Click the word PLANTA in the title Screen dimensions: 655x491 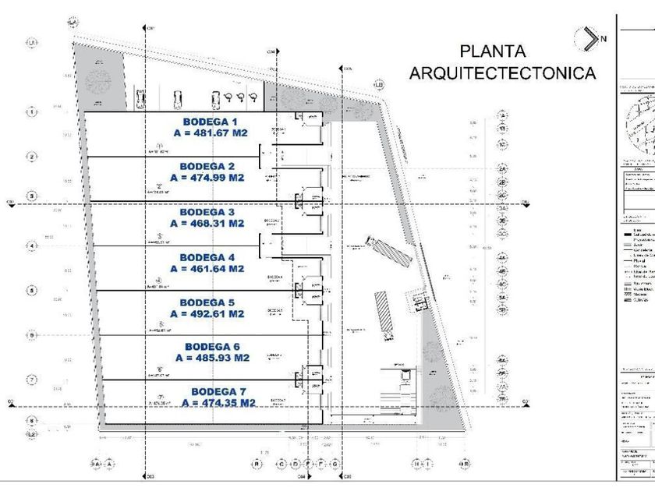493,52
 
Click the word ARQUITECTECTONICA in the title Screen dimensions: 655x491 502,73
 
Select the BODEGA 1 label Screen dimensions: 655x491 210,122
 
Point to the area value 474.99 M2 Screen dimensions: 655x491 207,178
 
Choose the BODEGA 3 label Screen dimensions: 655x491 207,212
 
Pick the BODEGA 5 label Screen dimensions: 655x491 208,302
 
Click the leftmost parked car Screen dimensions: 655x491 140,99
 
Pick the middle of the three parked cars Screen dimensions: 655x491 178,98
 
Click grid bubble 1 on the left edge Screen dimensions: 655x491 32,112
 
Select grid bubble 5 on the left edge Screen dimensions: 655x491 32,291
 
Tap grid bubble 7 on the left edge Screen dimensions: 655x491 32,380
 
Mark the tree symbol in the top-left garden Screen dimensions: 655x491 98,81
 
